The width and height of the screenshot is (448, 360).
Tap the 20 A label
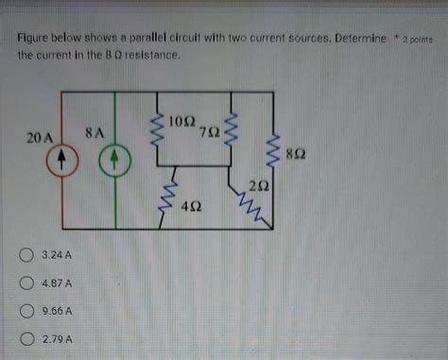[41, 139]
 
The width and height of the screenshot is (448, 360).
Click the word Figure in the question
[35, 40]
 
